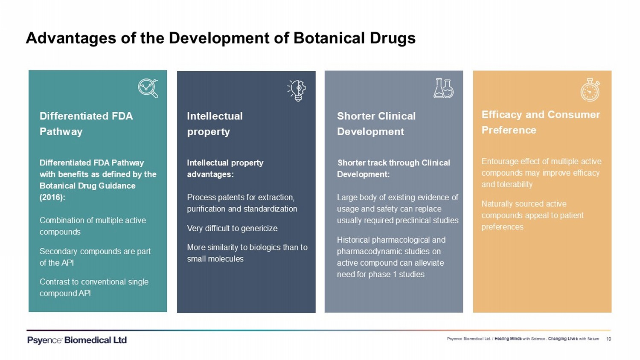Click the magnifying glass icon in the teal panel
[148, 88]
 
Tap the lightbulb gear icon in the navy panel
[297, 90]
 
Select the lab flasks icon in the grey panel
[443, 88]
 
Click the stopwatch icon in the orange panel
[590, 90]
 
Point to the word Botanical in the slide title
[329, 38]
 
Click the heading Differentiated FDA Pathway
[86, 124]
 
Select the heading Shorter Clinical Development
[376, 124]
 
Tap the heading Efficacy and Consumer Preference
[541, 122]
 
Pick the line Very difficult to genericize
[232, 228]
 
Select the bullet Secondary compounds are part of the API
[95, 257]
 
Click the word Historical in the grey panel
[353, 240]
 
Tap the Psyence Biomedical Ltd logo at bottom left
[77, 340]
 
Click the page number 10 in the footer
[608, 339]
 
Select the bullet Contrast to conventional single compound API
[94, 287]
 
